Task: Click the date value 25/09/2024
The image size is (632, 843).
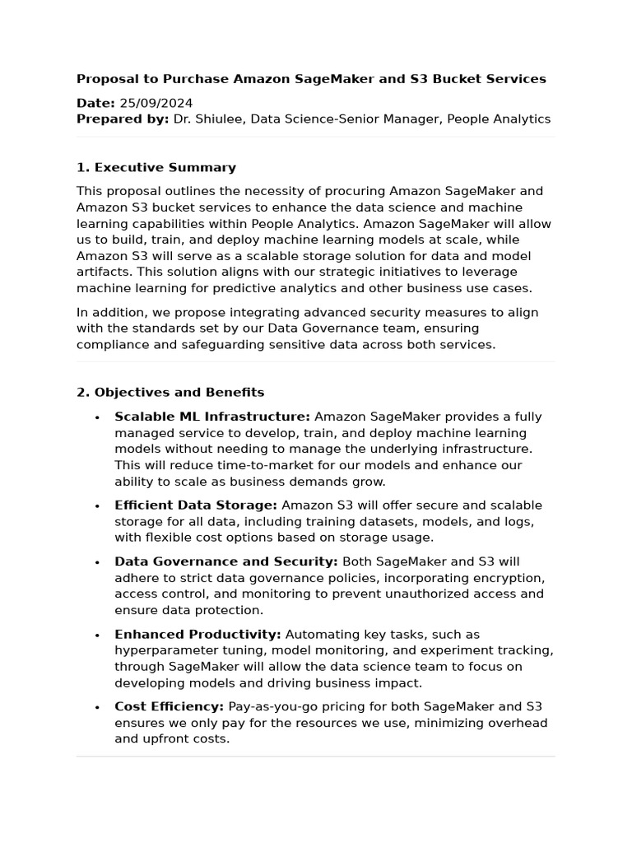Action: (156, 103)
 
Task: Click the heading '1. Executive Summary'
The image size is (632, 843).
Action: (156, 167)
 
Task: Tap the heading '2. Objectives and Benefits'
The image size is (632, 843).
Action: (170, 392)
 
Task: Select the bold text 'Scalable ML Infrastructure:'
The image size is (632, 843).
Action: (212, 417)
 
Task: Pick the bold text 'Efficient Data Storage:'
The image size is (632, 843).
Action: (196, 505)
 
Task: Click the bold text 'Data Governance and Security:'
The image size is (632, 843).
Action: (226, 561)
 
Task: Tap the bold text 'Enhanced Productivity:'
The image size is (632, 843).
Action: (197, 635)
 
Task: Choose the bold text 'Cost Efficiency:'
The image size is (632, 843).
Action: (169, 707)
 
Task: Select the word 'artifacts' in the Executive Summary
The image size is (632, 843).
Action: (102, 272)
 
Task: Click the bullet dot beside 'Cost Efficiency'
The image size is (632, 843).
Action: (97, 708)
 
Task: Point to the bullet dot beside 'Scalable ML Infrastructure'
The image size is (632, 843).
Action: (97, 417)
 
